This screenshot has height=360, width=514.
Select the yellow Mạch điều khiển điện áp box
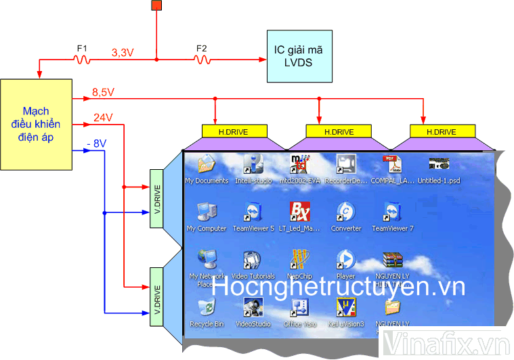(36, 124)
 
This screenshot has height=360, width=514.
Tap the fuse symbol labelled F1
(82, 60)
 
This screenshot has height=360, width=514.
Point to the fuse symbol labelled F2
(201, 60)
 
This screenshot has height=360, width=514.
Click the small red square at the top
(156, 6)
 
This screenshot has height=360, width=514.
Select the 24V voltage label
(103, 117)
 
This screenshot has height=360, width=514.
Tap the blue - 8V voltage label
(97, 143)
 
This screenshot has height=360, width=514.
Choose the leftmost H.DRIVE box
(234, 131)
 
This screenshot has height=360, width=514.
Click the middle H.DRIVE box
(339, 131)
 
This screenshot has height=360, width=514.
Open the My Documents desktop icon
(206, 166)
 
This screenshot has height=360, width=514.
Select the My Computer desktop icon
(206, 213)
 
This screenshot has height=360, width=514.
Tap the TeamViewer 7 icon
(392, 213)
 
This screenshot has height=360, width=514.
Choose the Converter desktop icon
(345, 213)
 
